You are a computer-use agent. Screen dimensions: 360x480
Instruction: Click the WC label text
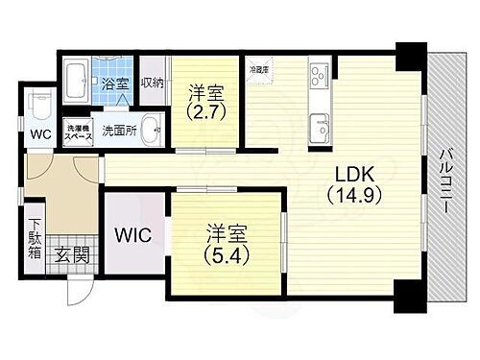coord(38,133)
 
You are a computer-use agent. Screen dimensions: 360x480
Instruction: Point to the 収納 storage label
coord(153,84)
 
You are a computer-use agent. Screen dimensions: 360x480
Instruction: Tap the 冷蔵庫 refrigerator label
coord(258,69)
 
